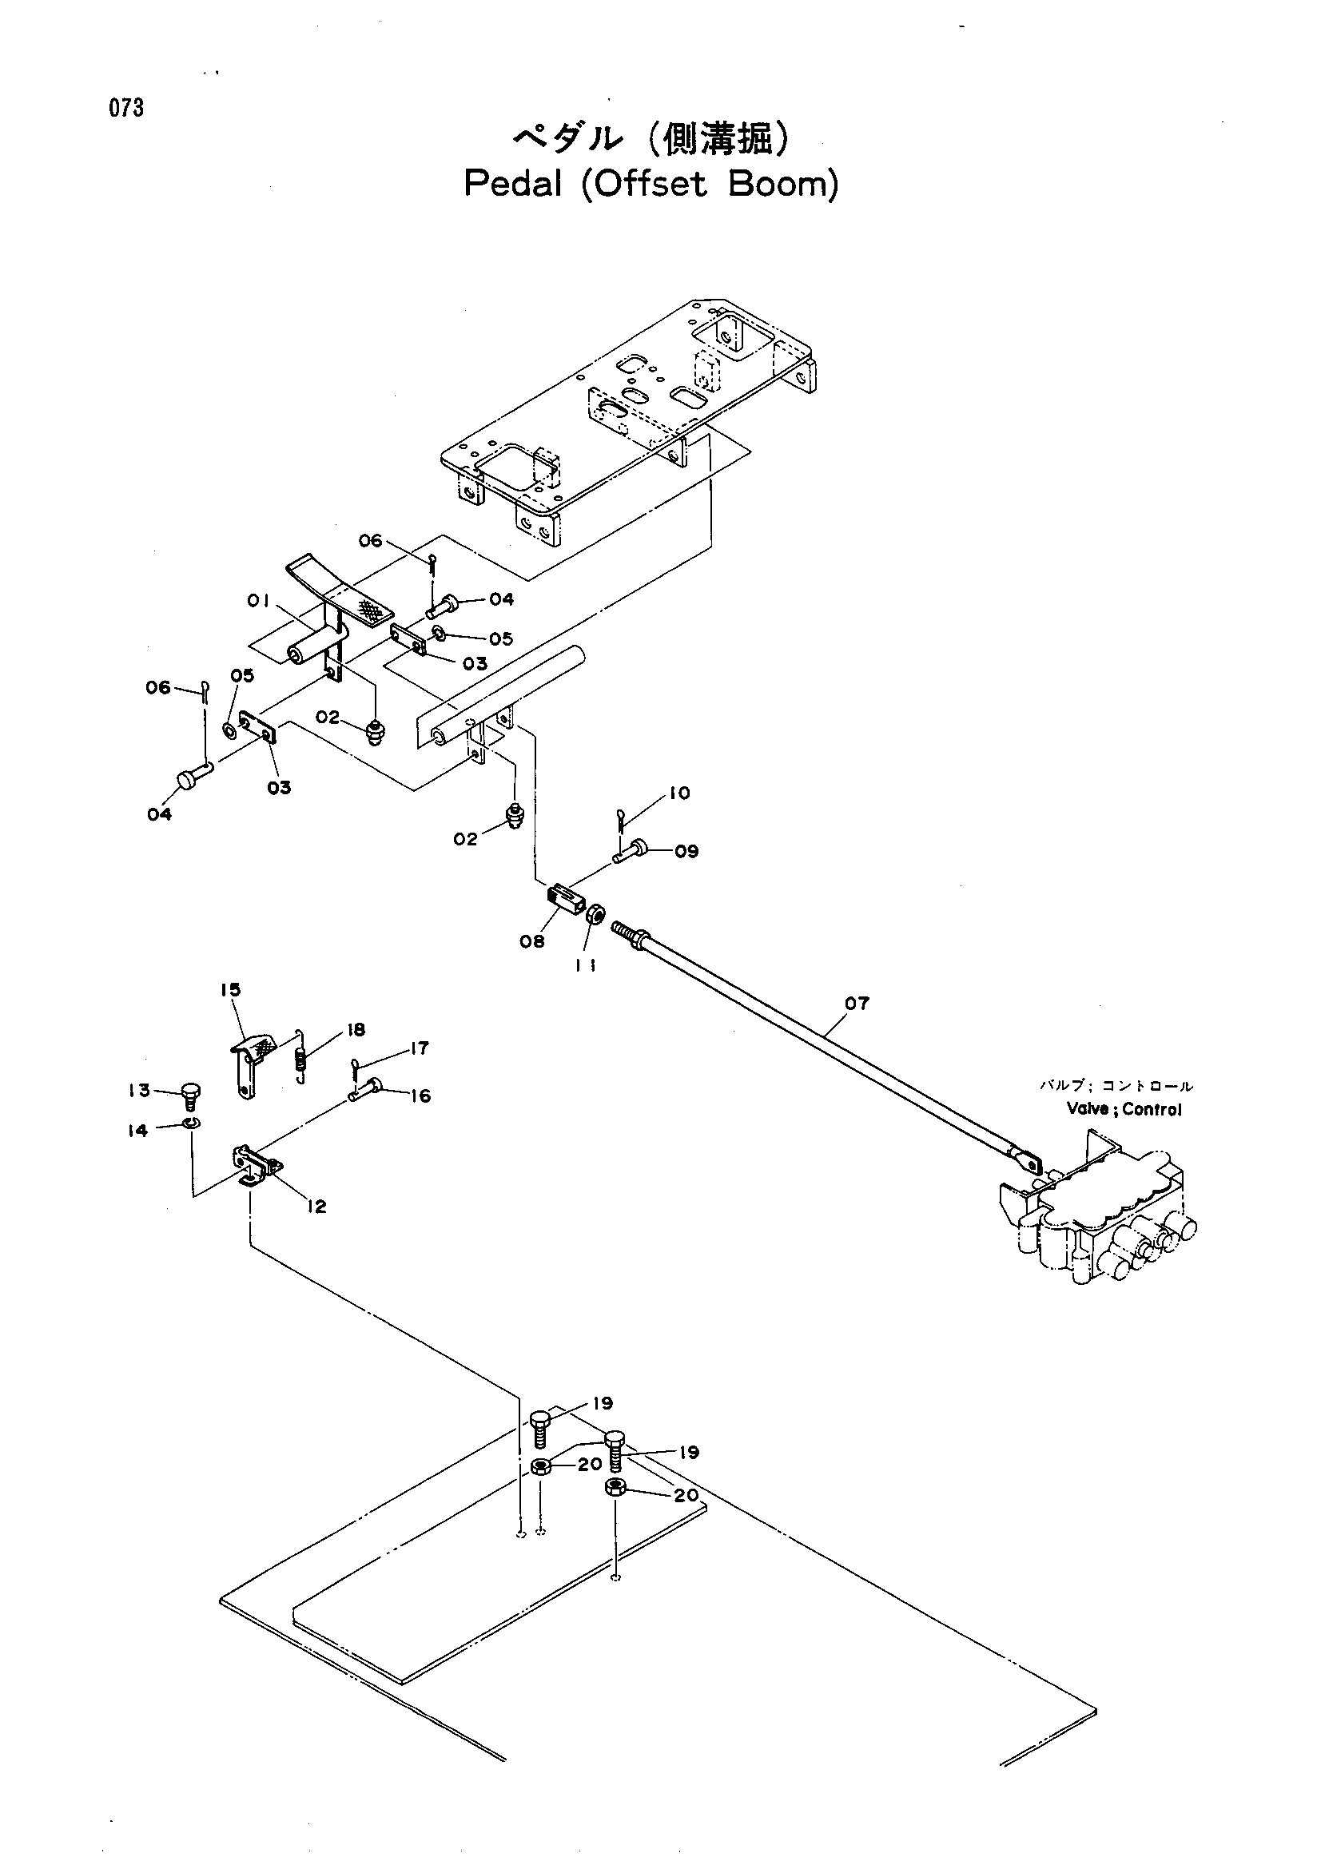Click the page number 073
tap(127, 108)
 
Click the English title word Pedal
tap(513, 185)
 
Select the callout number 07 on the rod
tap(857, 1004)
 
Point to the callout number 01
tap(259, 602)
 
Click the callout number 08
tap(532, 942)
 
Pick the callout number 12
tap(316, 1207)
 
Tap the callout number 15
tap(230, 990)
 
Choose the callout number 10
tap(678, 793)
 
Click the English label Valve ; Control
tap(1124, 1109)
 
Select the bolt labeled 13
tap(192, 1095)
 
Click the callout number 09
tap(686, 852)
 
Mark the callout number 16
tap(420, 1096)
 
